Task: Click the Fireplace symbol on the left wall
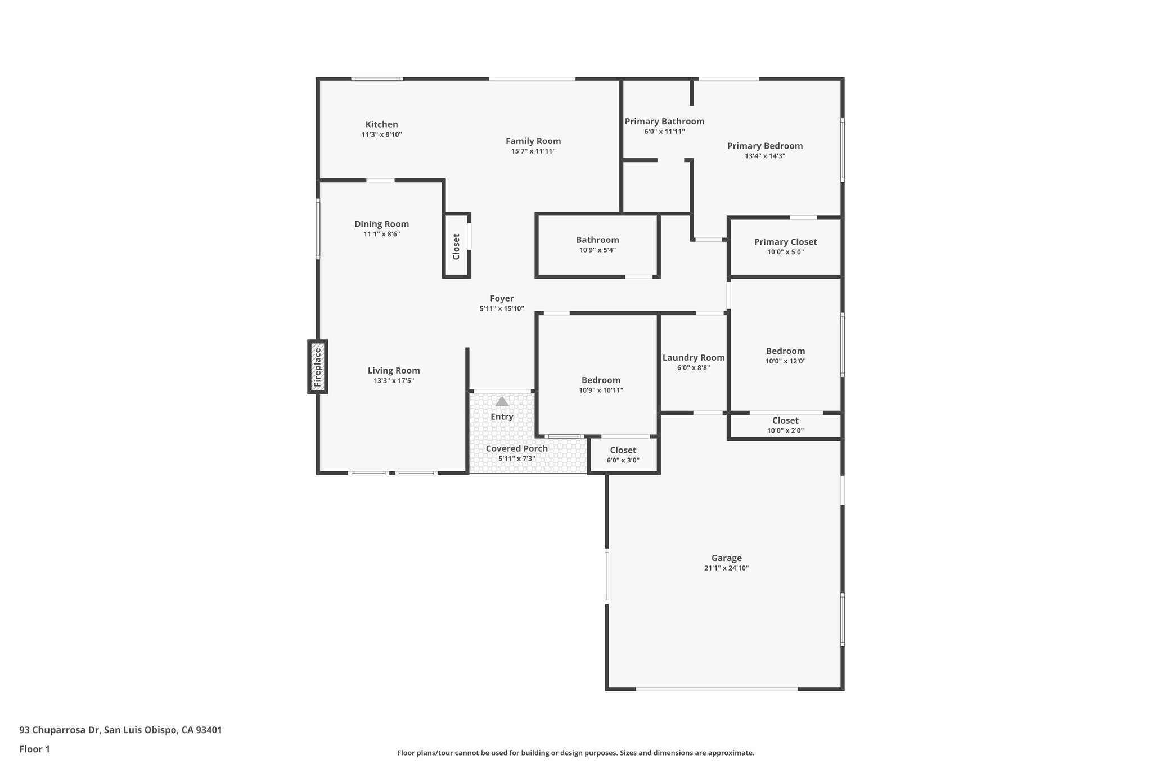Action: tap(318, 367)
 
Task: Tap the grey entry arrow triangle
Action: tap(502, 401)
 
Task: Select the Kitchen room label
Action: tap(381, 124)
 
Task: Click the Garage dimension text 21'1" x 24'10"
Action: tap(726, 568)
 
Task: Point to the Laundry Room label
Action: tap(693, 357)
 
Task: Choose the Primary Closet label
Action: tap(785, 242)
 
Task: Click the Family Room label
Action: tap(533, 141)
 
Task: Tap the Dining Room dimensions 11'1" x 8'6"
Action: tap(381, 234)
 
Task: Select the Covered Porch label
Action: tap(516, 448)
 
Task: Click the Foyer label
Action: tap(501, 299)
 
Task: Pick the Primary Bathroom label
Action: tap(664, 122)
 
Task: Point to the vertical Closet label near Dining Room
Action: tap(456, 246)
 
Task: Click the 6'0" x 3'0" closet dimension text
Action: tap(623, 460)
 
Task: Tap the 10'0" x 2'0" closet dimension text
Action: tap(785, 431)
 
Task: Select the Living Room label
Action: tap(394, 370)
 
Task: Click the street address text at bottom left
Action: tap(120, 730)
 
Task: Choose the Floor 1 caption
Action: tap(34, 749)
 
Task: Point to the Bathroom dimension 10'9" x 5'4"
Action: tap(597, 250)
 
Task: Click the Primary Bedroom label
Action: tap(764, 146)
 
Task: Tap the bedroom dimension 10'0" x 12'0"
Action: tap(785, 361)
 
